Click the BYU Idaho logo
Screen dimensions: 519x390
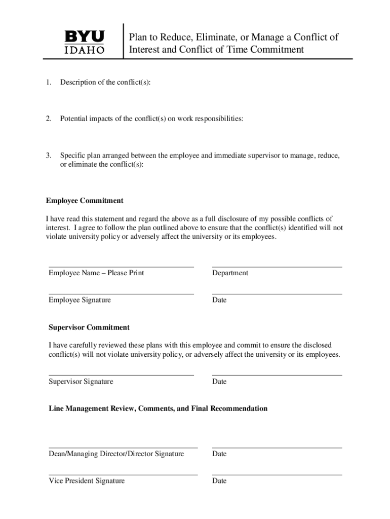[x=85, y=42]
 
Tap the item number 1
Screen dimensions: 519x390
[x=48, y=82]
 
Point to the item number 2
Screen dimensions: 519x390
[x=48, y=119]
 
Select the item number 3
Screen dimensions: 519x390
[x=48, y=156]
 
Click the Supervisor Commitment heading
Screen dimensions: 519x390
[x=89, y=327]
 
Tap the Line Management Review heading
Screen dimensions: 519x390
[x=158, y=409]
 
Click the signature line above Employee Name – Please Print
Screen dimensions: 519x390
[x=121, y=267]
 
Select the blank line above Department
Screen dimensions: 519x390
[x=277, y=267]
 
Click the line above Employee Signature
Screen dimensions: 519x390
[x=121, y=293]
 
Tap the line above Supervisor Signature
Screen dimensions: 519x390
[x=121, y=375]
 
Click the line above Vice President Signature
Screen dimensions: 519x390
[x=123, y=475]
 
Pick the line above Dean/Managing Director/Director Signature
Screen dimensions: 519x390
[x=123, y=448]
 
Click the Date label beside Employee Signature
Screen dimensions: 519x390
[x=219, y=300]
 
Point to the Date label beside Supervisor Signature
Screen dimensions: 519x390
[x=219, y=382]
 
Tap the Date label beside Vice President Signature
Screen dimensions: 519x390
[x=219, y=481]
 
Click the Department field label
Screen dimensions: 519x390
[x=230, y=273]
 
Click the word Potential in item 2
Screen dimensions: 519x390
[x=74, y=119]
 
